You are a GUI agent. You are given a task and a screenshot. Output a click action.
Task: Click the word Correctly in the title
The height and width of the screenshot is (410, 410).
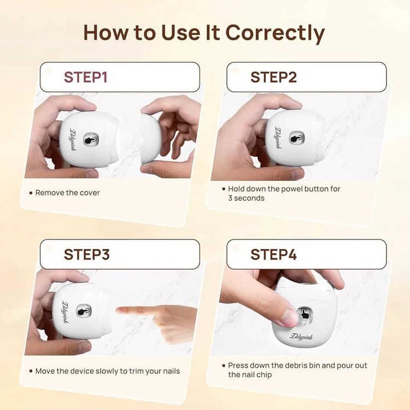pyautogui.click(x=275, y=33)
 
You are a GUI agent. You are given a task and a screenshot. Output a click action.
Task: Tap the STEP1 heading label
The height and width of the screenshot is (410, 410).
pyautogui.click(x=86, y=78)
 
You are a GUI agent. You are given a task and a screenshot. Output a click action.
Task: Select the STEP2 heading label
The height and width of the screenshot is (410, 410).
pyautogui.click(x=273, y=78)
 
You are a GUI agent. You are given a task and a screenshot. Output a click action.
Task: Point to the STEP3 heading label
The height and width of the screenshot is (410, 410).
pyautogui.click(x=87, y=254)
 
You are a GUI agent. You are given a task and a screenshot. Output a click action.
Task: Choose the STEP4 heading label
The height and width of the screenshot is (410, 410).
pyautogui.click(x=273, y=254)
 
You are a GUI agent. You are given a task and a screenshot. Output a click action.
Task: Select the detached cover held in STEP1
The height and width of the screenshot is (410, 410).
pyautogui.click(x=150, y=139)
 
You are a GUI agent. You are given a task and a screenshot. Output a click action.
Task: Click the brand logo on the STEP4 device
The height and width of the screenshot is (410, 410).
pyautogui.click(x=301, y=337)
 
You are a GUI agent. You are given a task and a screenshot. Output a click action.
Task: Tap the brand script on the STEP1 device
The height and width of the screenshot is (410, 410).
pyautogui.click(x=73, y=139)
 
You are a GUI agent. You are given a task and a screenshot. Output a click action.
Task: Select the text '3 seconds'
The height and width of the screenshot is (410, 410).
pyautogui.click(x=246, y=198)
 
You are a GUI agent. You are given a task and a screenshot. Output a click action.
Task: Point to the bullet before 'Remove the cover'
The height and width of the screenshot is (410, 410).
pyautogui.click(x=31, y=193)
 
